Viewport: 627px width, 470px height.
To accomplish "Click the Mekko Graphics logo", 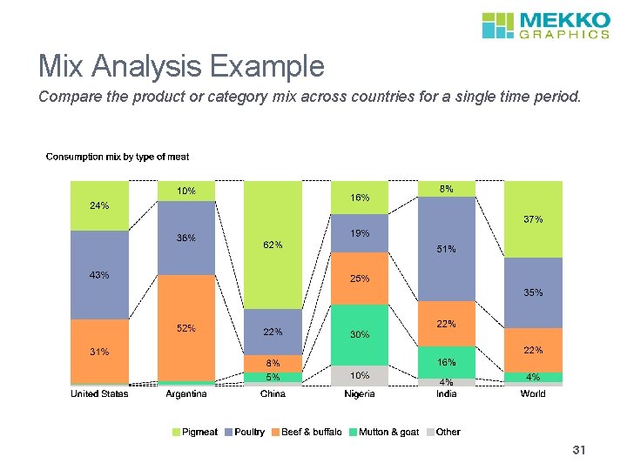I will (x=545, y=24).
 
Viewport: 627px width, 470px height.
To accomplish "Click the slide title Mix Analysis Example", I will (x=181, y=66).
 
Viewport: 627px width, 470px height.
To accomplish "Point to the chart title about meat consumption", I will (x=117, y=157).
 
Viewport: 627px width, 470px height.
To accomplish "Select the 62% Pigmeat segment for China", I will (x=273, y=245).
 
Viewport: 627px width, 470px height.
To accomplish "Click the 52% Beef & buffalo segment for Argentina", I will (x=186, y=328).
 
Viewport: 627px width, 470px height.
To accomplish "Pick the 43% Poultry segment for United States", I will (x=99, y=275).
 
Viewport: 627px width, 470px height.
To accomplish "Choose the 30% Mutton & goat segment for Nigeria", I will (x=360, y=334).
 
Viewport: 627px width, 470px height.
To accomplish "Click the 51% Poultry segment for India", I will (x=447, y=249).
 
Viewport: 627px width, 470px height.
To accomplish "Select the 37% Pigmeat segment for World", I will (x=533, y=219).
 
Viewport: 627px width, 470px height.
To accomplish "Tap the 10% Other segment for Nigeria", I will (x=360, y=375).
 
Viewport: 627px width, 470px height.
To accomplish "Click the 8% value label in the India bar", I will (x=447, y=188).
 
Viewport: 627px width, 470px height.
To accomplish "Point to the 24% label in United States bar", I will (x=99, y=206).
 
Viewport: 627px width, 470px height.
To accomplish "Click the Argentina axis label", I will (x=186, y=394).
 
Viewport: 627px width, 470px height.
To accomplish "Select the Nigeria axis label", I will (x=360, y=394).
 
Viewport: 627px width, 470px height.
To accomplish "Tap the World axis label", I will (x=533, y=394).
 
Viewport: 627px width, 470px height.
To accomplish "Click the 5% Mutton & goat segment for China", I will (x=273, y=378).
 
